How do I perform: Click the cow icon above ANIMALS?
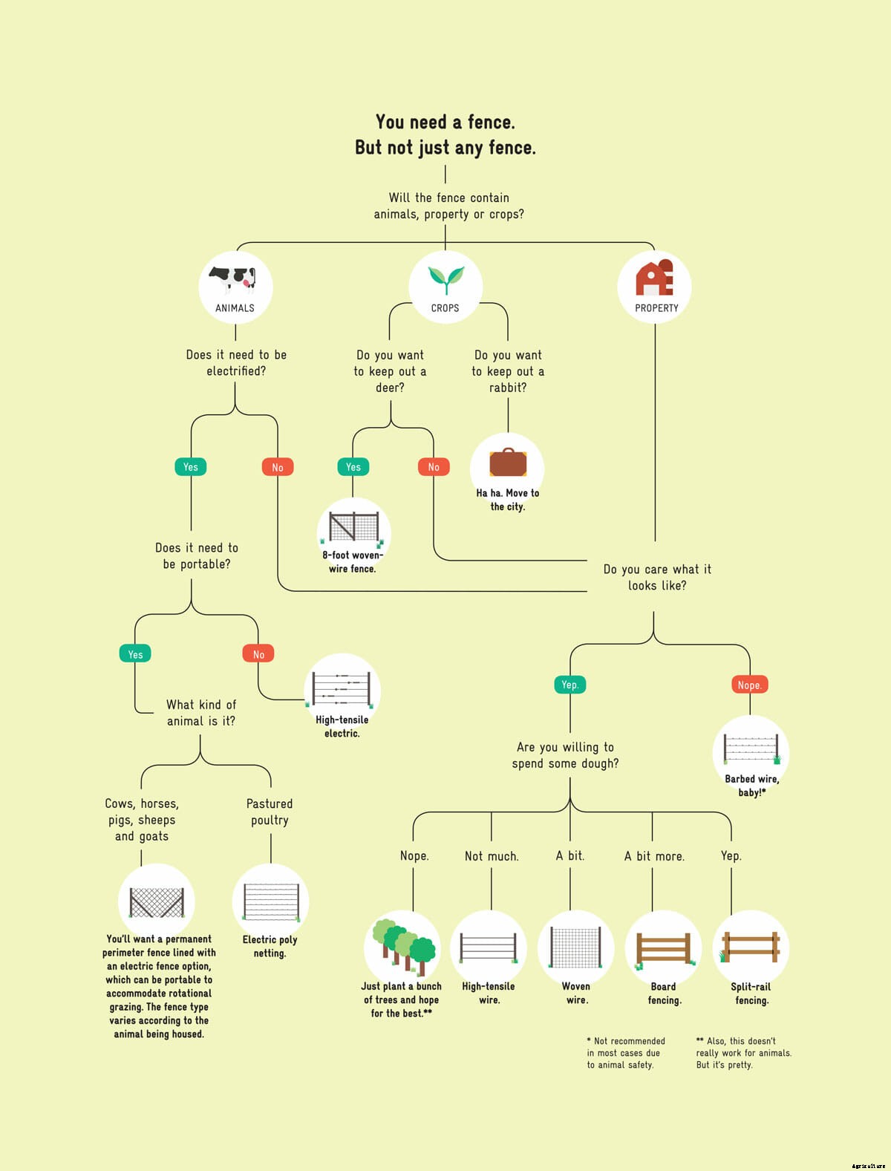pyautogui.click(x=233, y=280)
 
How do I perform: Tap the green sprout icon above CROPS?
pyautogui.click(x=446, y=279)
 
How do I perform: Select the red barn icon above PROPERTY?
pyautogui.click(x=654, y=278)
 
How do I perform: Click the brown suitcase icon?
pyautogui.click(x=508, y=462)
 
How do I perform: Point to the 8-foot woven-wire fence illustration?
pyautogui.click(x=353, y=526)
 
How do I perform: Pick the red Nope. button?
pyautogui.click(x=749, y=685)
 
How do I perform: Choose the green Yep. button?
pyautogui.click(x=569, y=685)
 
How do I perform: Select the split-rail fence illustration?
pyautogui.click(x=751, y=947)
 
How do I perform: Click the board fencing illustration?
pyautogui.click(x=664, y=948)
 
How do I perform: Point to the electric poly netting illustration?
pyautogui.click(x=271, y=901)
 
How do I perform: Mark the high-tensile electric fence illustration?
pyautogui.click(x=342, y=688)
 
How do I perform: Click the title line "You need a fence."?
pyautogui.click(x=446, y=122)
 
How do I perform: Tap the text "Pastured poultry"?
pyautogui.click(x=270, y=812)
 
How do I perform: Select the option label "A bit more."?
pyautogui.click(x=654, y=856)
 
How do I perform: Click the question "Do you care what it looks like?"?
pyautogui.click(x=657, y=577)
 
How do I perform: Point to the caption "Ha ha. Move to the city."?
pyautogui.click(x=508, y=500)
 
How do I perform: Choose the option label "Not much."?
pyautogui.click(x=492, y=856)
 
